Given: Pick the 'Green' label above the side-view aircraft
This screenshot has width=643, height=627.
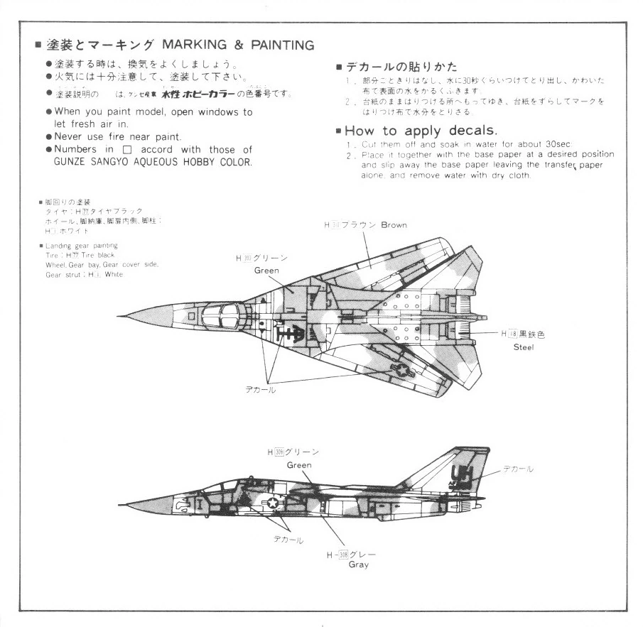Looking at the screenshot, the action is pos(299,465).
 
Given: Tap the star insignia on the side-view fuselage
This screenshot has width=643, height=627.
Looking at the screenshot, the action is pos(271,503).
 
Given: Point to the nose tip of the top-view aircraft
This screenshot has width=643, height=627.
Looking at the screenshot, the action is pos(119,315).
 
